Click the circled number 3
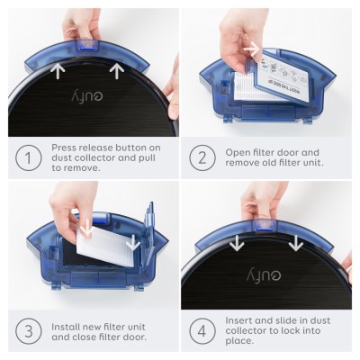click(x=29, y=330)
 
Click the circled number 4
click(x=202, y=330)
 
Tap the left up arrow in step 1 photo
click(x=58, y=69)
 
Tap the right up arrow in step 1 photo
click(x=115, y=69)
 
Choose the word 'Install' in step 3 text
click(x=69, y=324)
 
